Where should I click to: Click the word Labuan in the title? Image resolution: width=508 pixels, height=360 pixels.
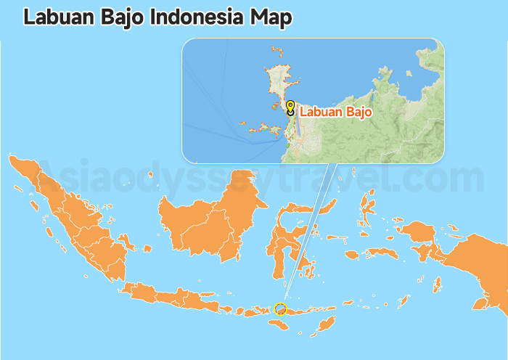coord(57,17)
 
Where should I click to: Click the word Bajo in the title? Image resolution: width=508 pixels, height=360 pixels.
coord(120,17)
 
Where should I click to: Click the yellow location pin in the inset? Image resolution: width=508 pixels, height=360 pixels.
coord(290,107)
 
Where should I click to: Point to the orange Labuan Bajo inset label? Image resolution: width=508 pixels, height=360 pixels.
coord(335,112)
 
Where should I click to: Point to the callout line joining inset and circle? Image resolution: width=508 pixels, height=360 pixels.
coord(308,232)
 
